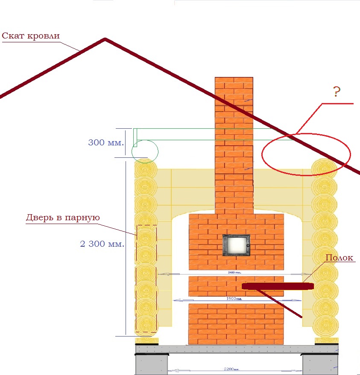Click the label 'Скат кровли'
click(30, 35)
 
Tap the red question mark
click(336, 92)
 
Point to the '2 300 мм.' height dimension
click(102, 244)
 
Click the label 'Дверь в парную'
click(62, 218)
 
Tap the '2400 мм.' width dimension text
click(235, 272)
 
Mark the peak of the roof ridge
click(105, 39)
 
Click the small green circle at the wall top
click(145, 151)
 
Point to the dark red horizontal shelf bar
click(278, 286)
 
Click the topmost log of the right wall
click(324, 167)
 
